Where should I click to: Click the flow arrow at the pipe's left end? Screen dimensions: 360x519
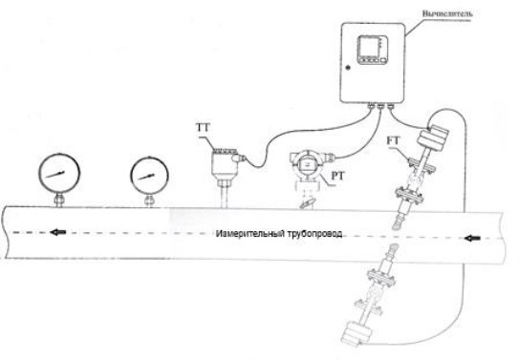tap(61, 231)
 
